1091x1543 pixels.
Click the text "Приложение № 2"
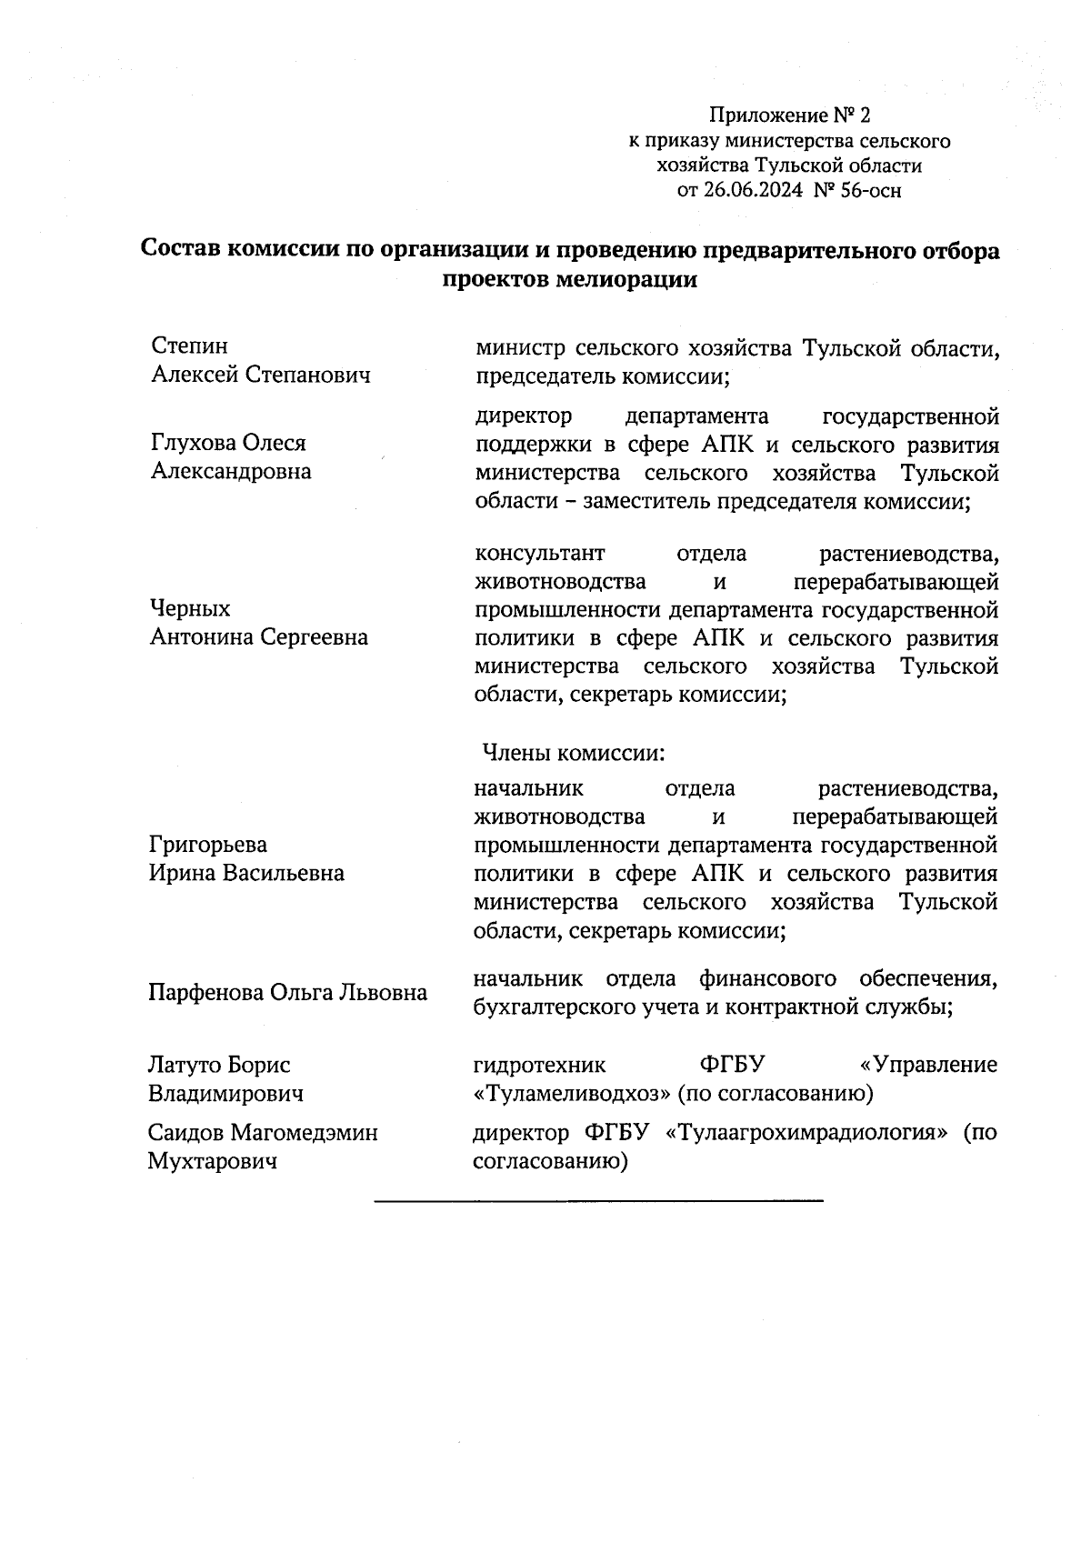click(789, 116)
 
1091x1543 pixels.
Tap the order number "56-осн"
click(871, 191)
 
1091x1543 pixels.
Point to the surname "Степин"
click(189, 346)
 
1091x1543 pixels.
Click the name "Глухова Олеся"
click(228, 443)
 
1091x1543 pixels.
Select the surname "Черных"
click(190, 608)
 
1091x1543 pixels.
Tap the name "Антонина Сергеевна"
click(259, 637)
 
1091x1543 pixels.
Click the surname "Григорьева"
click(208, 845)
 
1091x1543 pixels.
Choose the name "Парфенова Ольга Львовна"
click(287, 992)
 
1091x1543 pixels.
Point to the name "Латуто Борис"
click(220, 1065)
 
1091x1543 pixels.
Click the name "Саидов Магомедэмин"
click(263, 1133)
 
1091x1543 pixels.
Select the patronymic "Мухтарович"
click(213, 1162)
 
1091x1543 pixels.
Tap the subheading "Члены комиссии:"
click(574, 754)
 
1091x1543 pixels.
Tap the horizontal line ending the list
click(598, 1202)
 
